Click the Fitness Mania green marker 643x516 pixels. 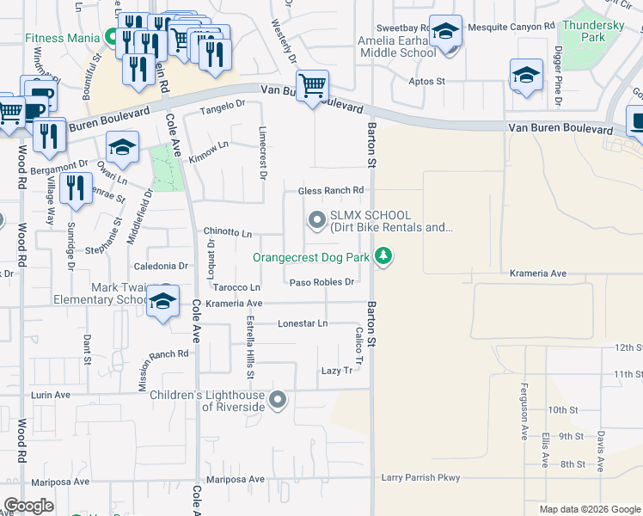pos(111,38)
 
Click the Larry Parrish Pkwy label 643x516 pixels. pos(421,477)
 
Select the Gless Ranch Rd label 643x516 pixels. pos(331,190)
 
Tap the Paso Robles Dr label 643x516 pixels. pos(322,282)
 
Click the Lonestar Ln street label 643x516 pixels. pos(303,323)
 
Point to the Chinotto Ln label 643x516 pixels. pos(227,233)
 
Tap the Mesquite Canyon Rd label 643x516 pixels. pos(511,28)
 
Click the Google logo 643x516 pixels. pos(28,506)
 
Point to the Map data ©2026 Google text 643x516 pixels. pos(589,509)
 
